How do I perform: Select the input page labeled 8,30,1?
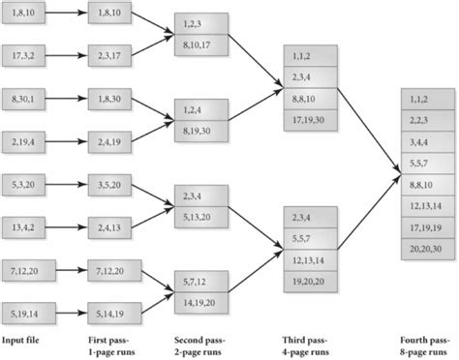pyautogui.click(x=24, y=98)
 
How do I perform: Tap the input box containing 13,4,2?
pyautogui.click(x=24, y=228)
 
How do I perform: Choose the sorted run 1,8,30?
pyautogui.click(x=107, y=98)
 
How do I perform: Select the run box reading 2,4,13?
pyautogui.click(x=107, y=228)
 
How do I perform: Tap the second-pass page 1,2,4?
pyautogui.click(x=200, y=111)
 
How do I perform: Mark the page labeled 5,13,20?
pyautogui.click(x=200, y=216)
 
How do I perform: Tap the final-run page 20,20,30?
pyautogui.click(x=426, y=247)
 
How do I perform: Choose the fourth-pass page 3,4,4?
pyautogui.click(x=426, y=141)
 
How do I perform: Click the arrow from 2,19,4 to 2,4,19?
pyautogui.click(x=66, y=140)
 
